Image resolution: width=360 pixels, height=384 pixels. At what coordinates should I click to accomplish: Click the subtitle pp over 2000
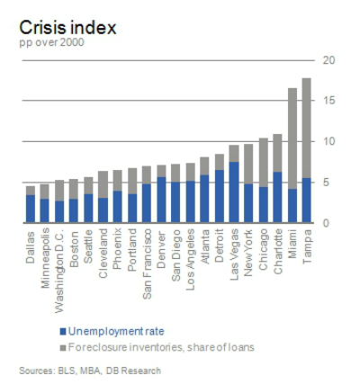point(50,44)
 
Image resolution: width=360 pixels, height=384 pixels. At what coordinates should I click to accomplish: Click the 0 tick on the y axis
point(327,223)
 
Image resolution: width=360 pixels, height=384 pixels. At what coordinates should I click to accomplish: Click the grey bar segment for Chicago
point(264,163)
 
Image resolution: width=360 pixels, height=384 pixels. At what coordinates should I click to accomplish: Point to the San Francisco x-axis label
point(147,261)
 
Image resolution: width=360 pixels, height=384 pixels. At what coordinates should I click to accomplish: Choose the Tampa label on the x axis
point(307,243)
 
